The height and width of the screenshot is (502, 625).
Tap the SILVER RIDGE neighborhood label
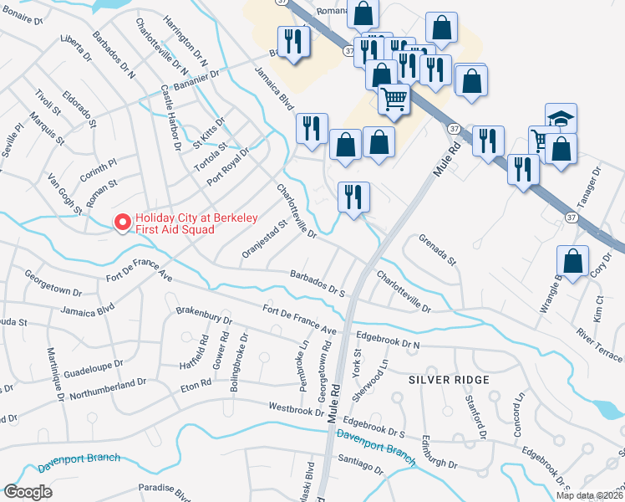(x=443, y=379)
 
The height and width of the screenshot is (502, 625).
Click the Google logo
(x=28, y=492)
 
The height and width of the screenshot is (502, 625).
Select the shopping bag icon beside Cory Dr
(x=573, y=262)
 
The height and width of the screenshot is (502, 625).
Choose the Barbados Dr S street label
(x=318, y=283)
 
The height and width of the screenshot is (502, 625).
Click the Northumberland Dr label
(x=109, y=389)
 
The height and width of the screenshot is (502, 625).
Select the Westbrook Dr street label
(x=296, y=409)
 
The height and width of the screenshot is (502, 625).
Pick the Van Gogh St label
(x=64, y=192)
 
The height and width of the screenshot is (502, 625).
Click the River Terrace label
(x=599, y=346)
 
